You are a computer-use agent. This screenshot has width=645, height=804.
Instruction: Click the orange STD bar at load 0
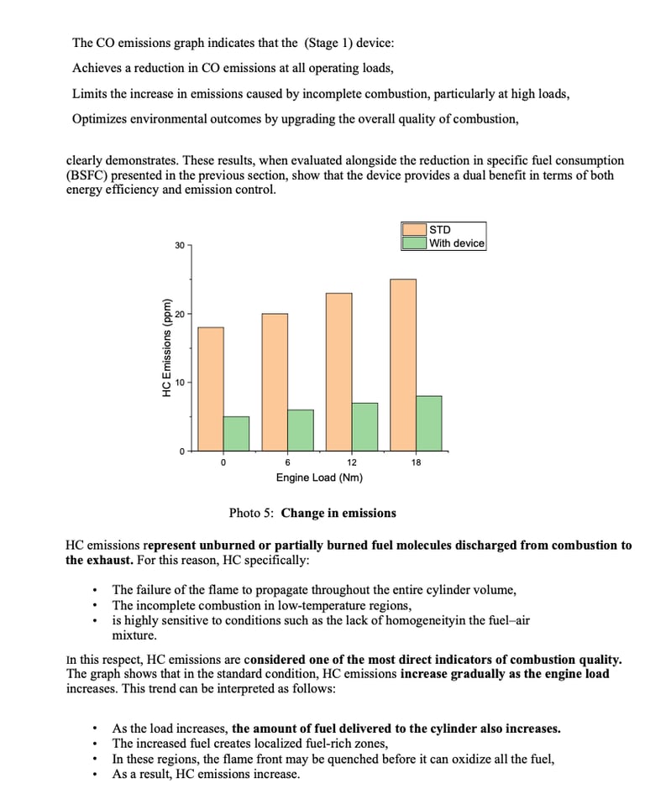click(x=211, y=389)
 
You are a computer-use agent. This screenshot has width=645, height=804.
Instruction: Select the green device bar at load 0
click(x=236, y=433)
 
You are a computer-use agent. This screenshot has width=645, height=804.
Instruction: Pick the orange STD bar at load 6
click(x=275, y=382)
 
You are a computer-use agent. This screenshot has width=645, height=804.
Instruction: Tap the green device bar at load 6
click(x=301, y=430)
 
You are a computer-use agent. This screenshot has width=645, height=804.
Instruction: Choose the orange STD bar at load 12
click(x=338, y=372)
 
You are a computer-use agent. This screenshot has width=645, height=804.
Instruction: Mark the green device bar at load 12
click(x=364, y=426)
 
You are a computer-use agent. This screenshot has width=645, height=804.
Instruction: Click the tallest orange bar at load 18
click(x=403, y=365)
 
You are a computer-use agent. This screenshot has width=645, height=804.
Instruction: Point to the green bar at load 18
click(x=428, y=423)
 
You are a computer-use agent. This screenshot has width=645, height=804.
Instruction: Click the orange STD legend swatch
click(x=414, y=229)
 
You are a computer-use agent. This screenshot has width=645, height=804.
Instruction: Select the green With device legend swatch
click(x=414, y=243)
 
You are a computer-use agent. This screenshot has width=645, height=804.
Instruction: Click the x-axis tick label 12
click(x=352, y=462)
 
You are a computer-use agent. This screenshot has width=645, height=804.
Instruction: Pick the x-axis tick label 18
click(x=417, y=462)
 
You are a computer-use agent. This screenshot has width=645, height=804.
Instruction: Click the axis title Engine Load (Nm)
click(x=319, y=478)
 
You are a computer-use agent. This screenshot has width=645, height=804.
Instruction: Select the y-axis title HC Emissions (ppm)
click(x=167, y=347)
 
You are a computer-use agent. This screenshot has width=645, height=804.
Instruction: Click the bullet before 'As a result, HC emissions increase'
click(x=99, y=774)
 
